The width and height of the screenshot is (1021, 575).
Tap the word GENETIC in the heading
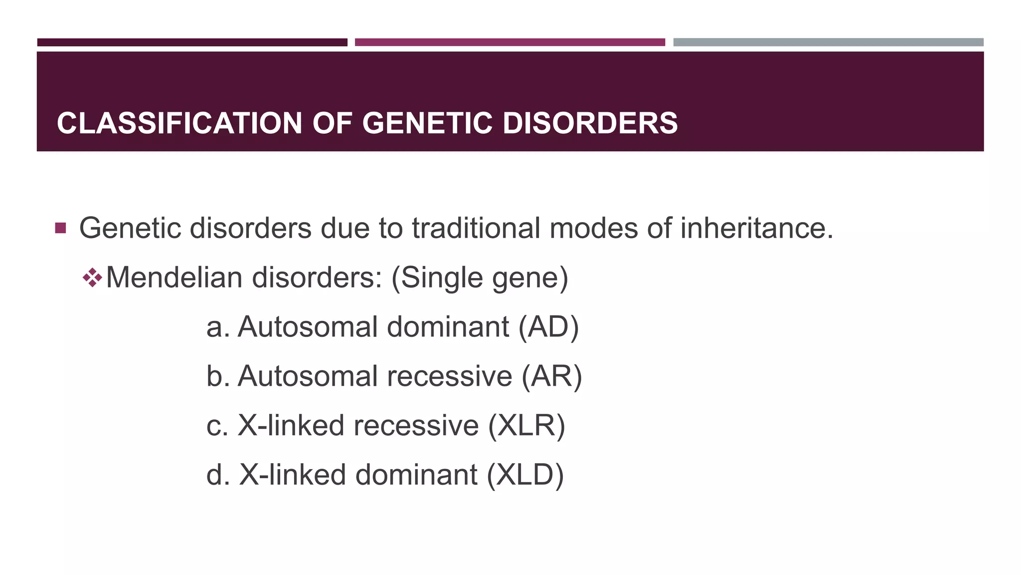point(427,123)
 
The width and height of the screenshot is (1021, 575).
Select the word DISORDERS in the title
point(590,123)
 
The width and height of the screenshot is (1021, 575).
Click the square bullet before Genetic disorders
point(60,229)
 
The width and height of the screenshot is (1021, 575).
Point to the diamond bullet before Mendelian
point(93,278)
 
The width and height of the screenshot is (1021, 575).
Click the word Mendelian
point(174,278)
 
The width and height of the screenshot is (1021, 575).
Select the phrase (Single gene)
point(480,278)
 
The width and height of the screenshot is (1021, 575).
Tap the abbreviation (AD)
point(548,327)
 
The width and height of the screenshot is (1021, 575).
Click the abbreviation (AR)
point(551,376)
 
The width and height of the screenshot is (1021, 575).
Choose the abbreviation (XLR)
point(526,425)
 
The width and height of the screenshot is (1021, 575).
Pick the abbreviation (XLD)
point(525,474)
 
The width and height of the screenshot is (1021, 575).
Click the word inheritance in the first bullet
point(756,229)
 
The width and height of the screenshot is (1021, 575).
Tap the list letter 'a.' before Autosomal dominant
point(218,327)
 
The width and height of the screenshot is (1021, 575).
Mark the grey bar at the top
point(828,42)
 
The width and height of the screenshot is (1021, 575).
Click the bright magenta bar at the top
point(510,42)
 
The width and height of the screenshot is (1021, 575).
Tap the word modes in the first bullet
point(593,229)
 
